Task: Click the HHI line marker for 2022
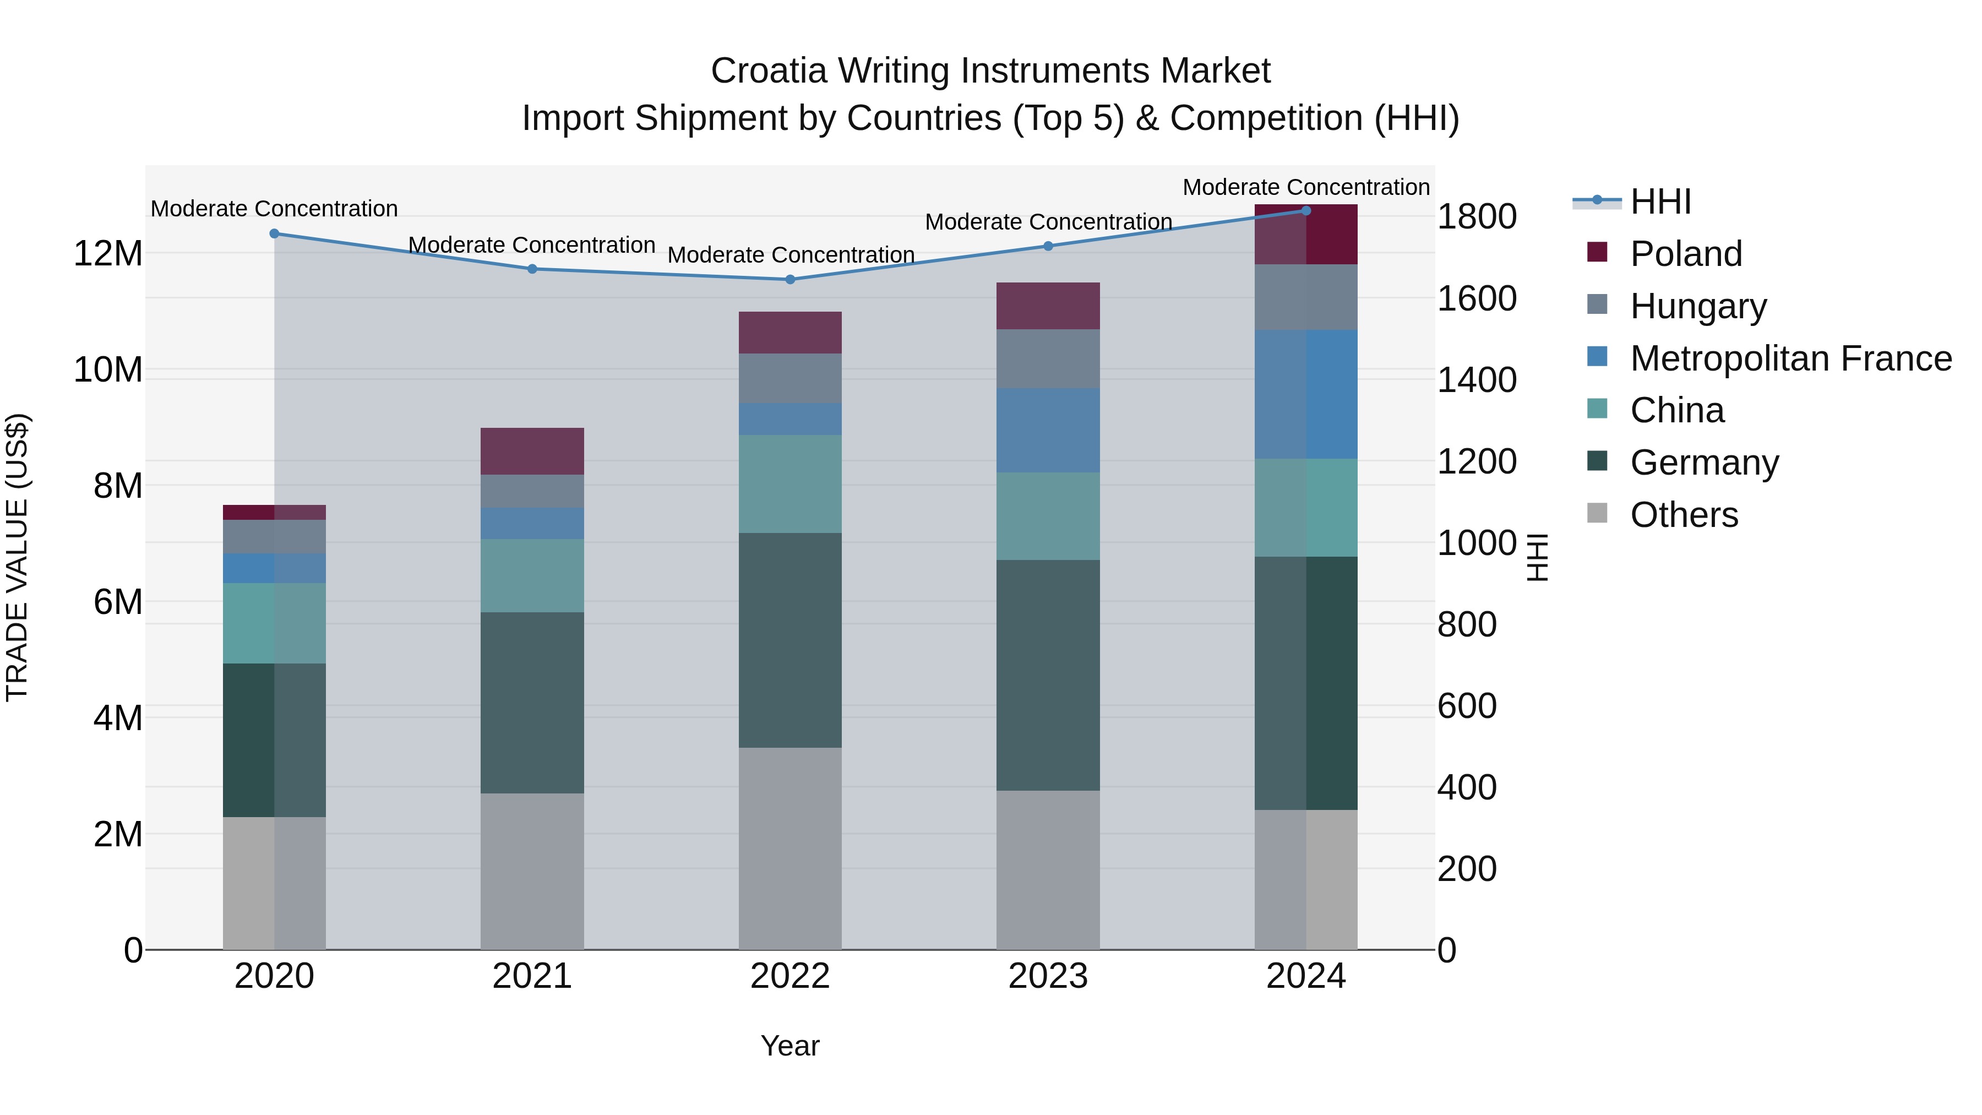[789, 279]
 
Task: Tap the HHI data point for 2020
[274, 233]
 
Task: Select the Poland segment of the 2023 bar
[1047, 306]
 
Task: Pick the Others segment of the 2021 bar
[532, 871]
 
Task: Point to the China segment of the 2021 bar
[532, 575]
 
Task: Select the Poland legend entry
[1685, 253]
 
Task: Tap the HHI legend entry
[1659, 202]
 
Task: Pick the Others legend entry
[1684, 514]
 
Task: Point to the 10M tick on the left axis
[108, 370]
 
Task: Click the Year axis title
[789, 1046]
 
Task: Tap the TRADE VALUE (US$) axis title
[17, 557]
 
